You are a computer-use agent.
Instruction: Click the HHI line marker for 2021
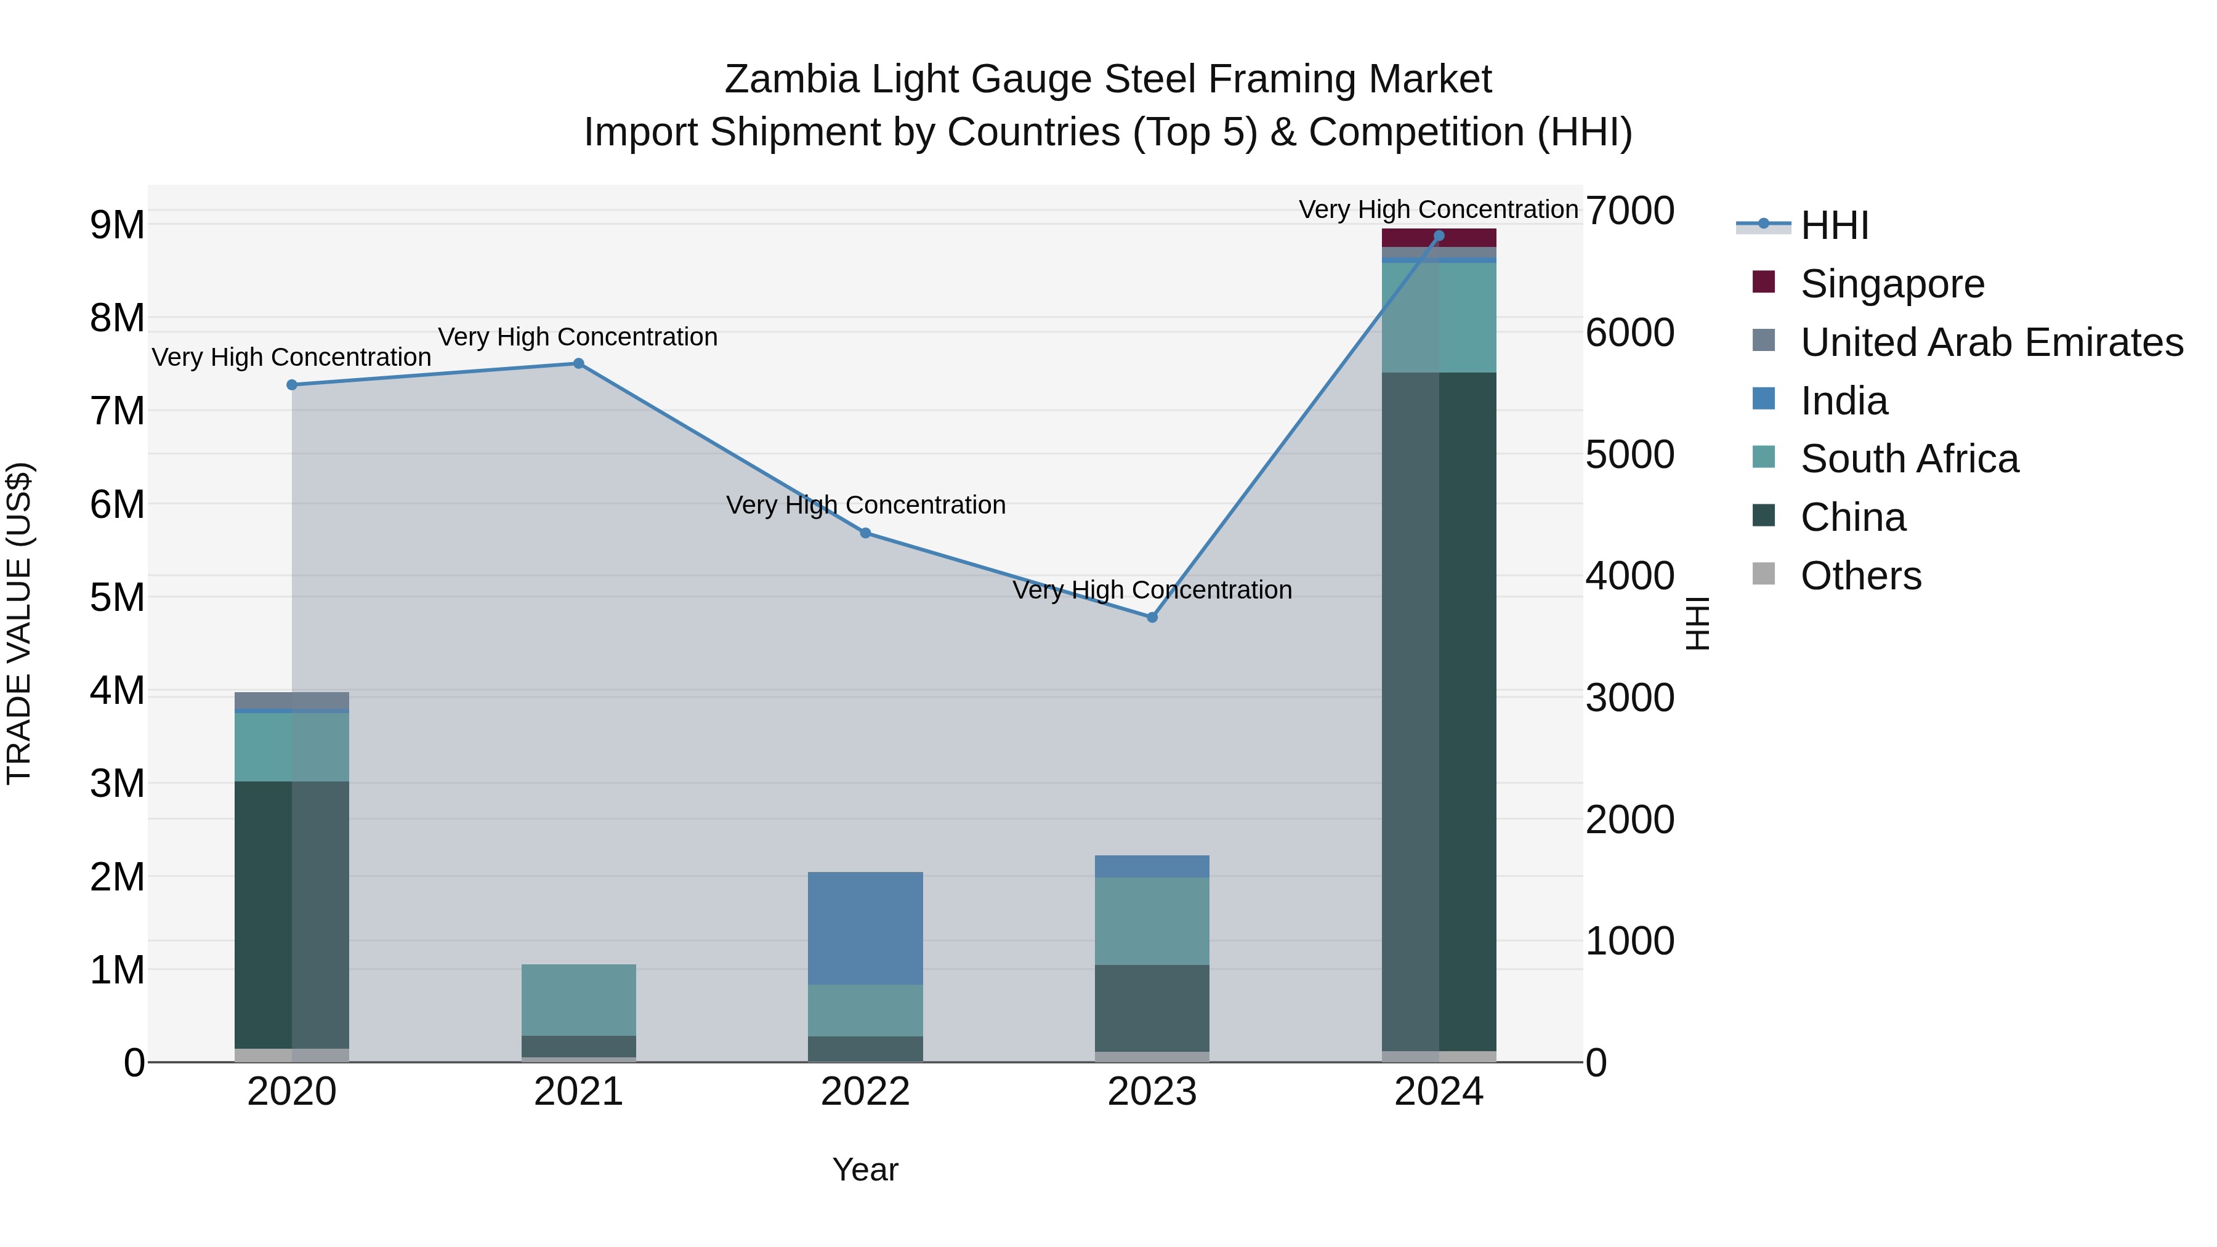pyautogui.click(x=578, y=363)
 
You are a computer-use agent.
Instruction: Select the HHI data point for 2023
pyautogui.click(x=1152, y=617)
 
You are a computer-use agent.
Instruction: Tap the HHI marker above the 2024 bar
pyautogui.click(x=1439, y=236)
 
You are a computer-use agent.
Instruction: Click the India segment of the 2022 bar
pyautogui.click(x=865, y=928)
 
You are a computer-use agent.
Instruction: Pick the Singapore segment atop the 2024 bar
pyautogui.click(x=1439, y=238)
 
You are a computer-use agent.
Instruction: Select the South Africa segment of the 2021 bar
pyautogui.click(x=578, y=999)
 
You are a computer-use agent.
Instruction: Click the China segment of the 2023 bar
pyautogui.click(x=1152, y=1007)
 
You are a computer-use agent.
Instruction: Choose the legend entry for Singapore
pyautogui.click(x=1892, y=284)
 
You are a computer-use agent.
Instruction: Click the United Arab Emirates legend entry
pyautogui.click(x=1990, y=342)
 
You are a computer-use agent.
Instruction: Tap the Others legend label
pyautogui.click(x=1860, y=576)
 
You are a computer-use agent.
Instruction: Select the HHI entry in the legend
pyautogui.click(x=1833, y=225)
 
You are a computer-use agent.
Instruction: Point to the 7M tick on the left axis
pyautogui.click(x=117, y=411)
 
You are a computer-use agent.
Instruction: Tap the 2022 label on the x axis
pyautogui.click(x=865, y=1092)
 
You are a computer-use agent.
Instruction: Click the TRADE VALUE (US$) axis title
pyautogui.click(x=20, y=623)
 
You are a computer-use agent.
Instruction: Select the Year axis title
pyautogui.click(x=865, y=1169)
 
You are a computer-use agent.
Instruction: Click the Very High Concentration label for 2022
pyautogui.click(x=865, y=505)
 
